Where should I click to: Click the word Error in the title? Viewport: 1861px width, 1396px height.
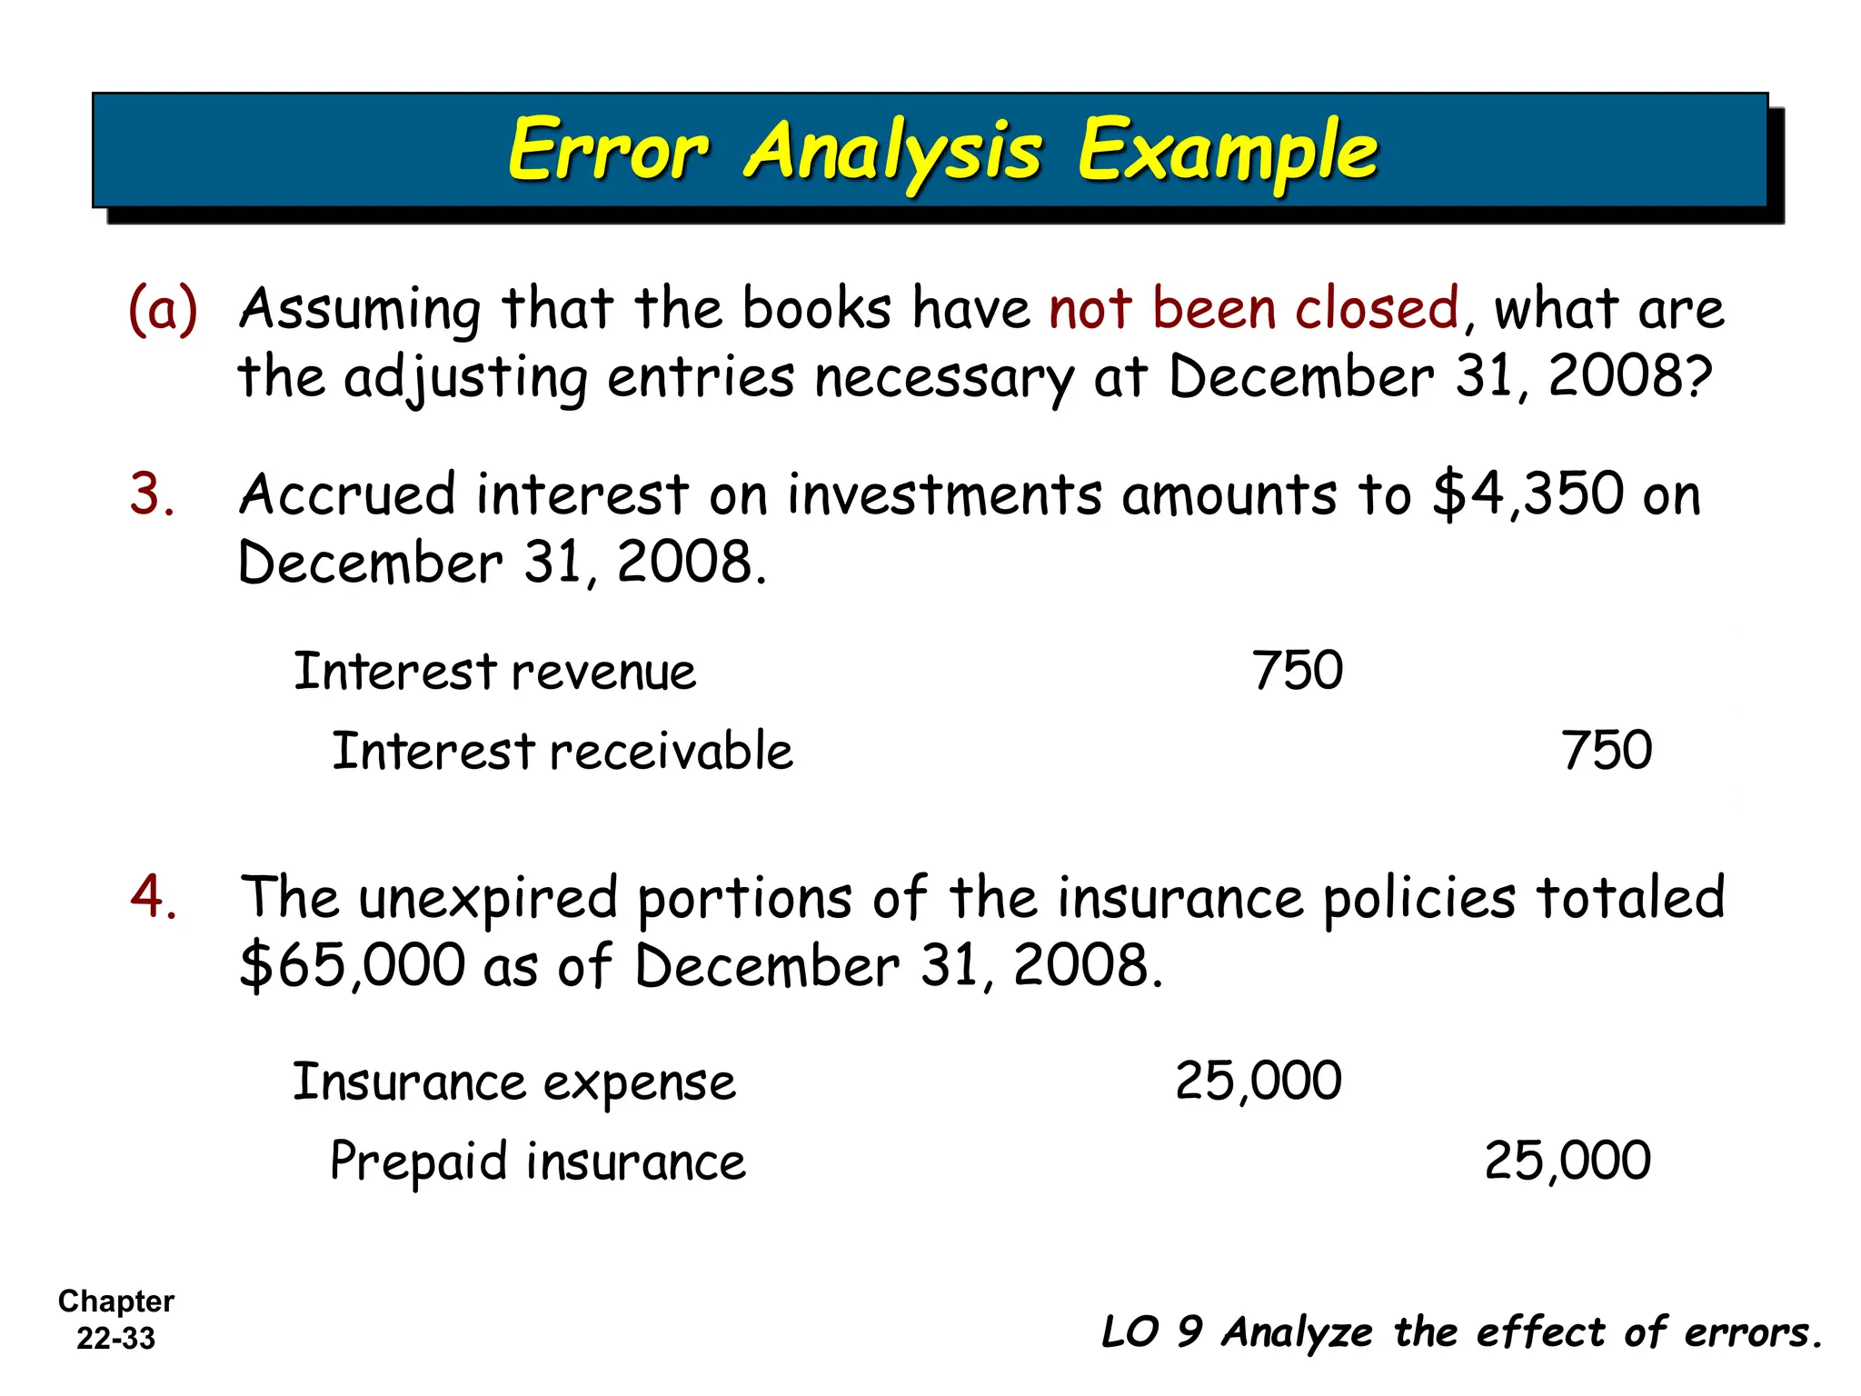tap(607, 151)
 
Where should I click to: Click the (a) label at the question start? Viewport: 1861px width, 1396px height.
tap(163, 309)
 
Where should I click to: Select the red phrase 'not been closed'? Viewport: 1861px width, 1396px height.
tap(1253, 309)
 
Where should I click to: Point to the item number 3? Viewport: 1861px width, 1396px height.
tap(152, 495)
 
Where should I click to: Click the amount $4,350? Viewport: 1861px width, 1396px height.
tap(1527, 495)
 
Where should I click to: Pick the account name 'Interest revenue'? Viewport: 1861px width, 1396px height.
tap(494, 673)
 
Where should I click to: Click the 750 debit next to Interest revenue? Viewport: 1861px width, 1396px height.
tap(1297, 672)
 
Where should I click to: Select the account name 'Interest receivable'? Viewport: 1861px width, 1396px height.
tap(562, 752)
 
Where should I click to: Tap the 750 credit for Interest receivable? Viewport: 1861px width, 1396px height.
tap(1606, 752)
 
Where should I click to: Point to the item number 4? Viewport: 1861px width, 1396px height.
tap(153, 897)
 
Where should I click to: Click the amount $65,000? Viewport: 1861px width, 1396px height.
tap(353, 965)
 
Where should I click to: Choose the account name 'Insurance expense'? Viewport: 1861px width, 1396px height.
tap(513, 1083)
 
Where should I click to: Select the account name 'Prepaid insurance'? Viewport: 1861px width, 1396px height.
tap(537, 1162)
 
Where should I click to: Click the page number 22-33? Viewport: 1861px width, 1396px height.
tap(116, 1339)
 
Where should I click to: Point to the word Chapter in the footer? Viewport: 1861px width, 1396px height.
tap(116, 1301)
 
